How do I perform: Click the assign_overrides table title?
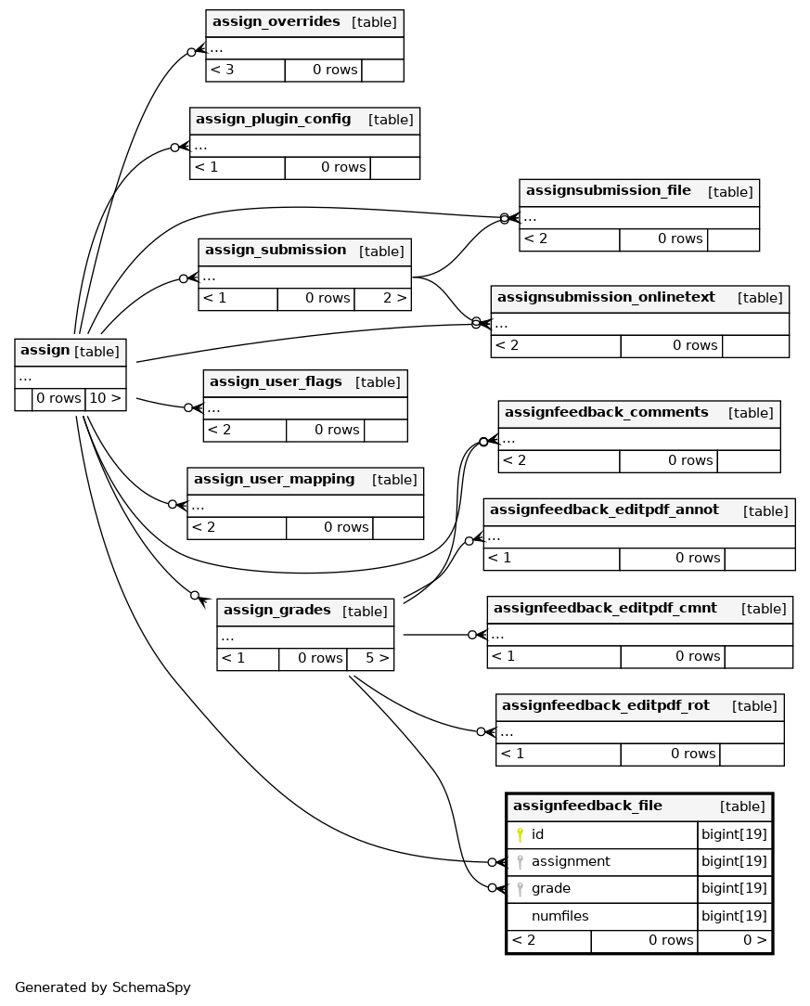[x=276, y=22]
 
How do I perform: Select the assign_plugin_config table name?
[x=273, y=120]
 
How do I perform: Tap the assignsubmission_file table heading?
[x=609, y=190]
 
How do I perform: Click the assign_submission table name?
[x=276, y=251]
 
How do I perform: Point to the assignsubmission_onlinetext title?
[x=606, y=297]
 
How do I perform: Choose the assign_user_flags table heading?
[x=276, y=381]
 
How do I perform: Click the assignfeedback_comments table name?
[x=607, y=412]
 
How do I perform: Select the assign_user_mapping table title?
[x=275, y=479]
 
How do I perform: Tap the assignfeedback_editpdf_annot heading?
[x=604, y=510]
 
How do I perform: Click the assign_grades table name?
[x=277, y=610]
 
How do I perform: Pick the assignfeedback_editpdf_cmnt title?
[x=606, y=608]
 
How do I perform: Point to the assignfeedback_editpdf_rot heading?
[x=606, y=705]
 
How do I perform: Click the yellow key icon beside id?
[x=521, y=834]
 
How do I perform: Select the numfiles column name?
[x=559, y=916]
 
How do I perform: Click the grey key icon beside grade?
[x=521, y=889]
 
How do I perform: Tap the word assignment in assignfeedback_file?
[x=571, y=861]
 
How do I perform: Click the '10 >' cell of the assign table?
[x=105, y=398]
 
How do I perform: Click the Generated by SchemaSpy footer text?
[x=103, y=987]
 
